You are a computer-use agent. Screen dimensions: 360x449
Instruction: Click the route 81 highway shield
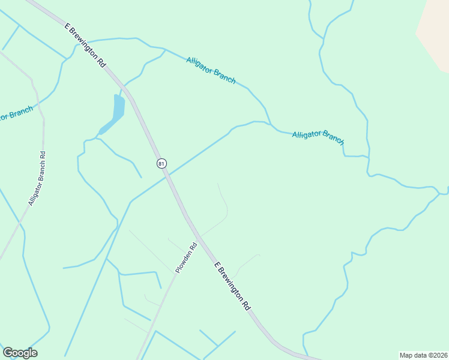click(x=161, y=163)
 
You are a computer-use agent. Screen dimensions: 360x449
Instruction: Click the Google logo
click(x=20, y=353)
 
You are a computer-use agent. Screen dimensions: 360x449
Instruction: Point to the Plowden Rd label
click(x=187, y=257)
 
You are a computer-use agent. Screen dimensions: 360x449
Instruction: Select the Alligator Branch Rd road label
click(x=37, y=178)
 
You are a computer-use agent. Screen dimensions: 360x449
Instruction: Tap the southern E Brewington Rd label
click(x=232, y=284)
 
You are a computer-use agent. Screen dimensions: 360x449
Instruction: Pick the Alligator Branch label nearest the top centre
click(x=211, y=70)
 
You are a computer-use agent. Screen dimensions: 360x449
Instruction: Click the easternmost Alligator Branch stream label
click(x=318, y=137)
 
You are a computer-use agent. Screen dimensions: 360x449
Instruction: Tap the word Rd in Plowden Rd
click(x=193, y=246)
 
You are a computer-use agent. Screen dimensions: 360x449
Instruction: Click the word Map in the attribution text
click(x=406, y=355)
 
